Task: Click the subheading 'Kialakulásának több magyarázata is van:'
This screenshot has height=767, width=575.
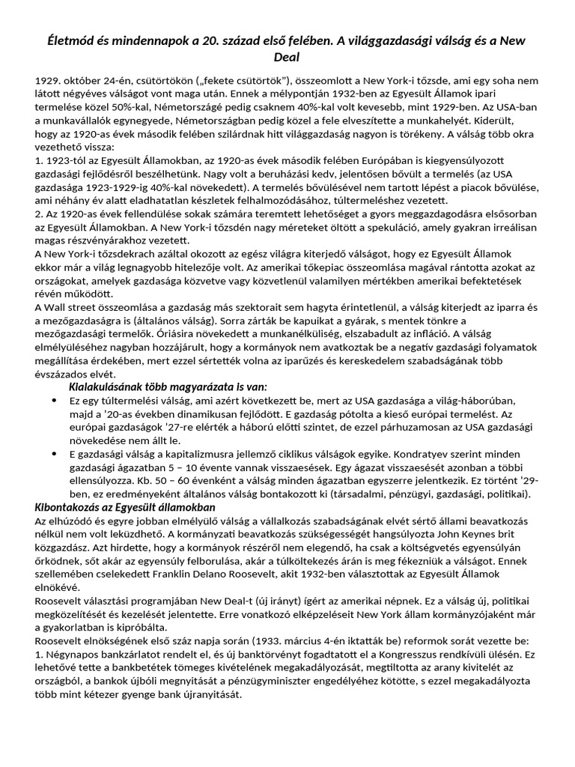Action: point(167,386)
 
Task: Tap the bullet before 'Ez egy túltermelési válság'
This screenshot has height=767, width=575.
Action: point(55,401)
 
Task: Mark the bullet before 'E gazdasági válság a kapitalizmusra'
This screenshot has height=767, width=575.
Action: point(55,454)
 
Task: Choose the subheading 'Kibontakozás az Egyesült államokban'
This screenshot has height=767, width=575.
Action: point(125,507)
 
